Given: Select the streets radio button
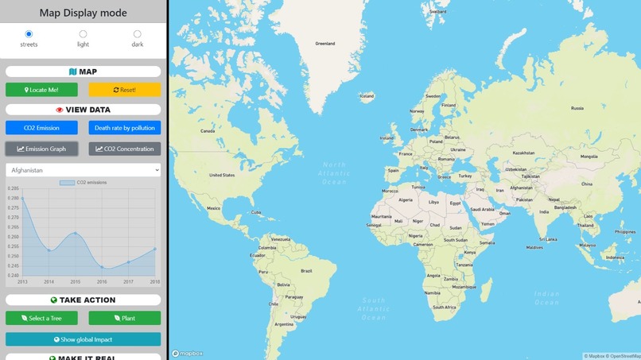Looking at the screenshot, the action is [x=29, y=34].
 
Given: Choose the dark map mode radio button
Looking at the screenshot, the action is [x=138, y=34].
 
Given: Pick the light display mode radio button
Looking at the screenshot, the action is [x=83, y=34].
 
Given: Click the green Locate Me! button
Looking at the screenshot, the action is [x=41, y=90].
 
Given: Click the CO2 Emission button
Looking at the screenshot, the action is [x=41, y=128].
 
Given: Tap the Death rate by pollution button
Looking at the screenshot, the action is [x=125, y=128].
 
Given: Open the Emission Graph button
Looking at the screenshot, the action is [x=41, y=149].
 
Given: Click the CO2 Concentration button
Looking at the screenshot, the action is [x=125, y=149].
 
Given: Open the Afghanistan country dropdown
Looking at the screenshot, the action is [x=83, y=170].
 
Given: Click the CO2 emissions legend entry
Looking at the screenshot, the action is [x=83, y=183].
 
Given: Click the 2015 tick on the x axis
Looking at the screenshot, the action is [x=76, y=282].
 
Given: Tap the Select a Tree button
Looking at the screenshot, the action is [x=41, y=319].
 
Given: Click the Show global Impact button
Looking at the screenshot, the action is [x=83, y=339].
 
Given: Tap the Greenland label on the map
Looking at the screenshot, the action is [x=324, y=44].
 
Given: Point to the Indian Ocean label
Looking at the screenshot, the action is [x=547, y=298].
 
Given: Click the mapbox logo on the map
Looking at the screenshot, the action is [x=188, y=354].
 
